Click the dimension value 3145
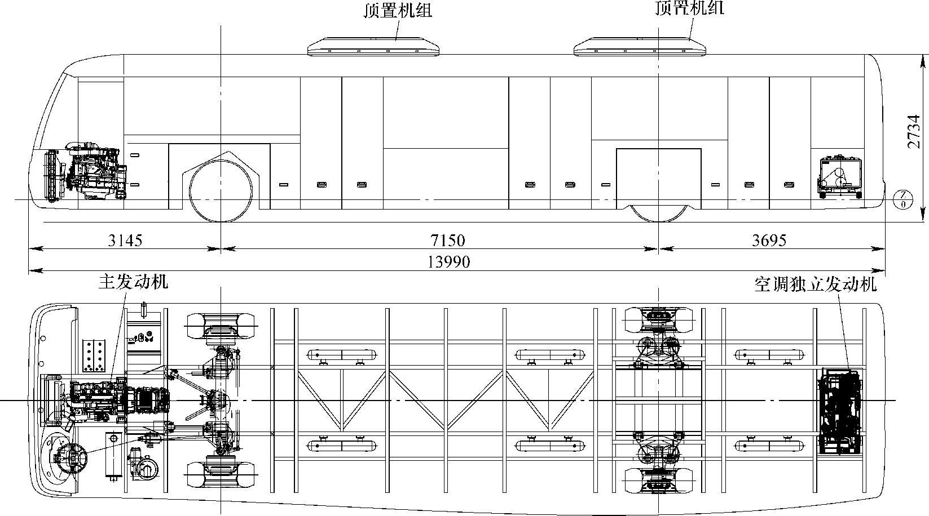click(125, 241)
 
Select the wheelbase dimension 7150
click(447, 241)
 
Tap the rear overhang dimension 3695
click(769, 241)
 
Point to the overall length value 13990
click(449, 262)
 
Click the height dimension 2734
click(914, 132)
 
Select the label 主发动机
click(133, 282)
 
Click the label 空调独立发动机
click(816, 284)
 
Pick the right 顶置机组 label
click(690, 8)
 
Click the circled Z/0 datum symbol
click(903, 199)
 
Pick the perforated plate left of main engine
click(94, 356)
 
